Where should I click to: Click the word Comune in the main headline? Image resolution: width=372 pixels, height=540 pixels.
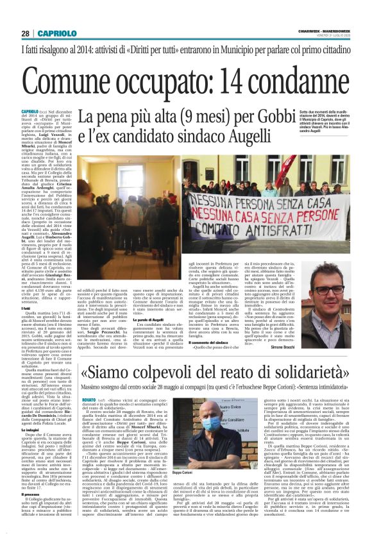66,80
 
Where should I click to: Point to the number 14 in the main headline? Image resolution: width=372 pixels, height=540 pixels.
220,80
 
